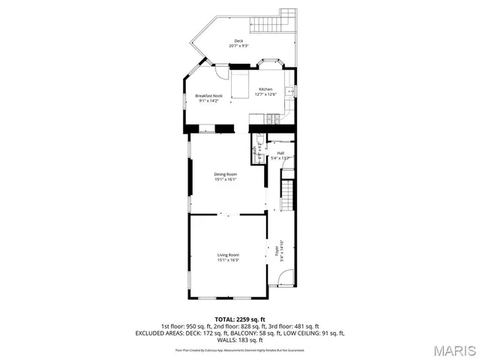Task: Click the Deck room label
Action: pos(238,41)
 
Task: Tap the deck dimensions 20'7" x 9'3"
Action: pos(238,46)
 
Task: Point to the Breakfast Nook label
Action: pos(208,96)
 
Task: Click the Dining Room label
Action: pos(226,174)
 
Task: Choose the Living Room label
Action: pos(228,255)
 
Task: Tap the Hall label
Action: pos(280,153)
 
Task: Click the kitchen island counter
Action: pos(240,85)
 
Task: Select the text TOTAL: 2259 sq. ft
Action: pos(240,319)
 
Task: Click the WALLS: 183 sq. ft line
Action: pos(240,340)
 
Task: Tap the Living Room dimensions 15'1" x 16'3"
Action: pos(228,260)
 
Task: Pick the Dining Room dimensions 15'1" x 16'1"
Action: pos(226,179)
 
